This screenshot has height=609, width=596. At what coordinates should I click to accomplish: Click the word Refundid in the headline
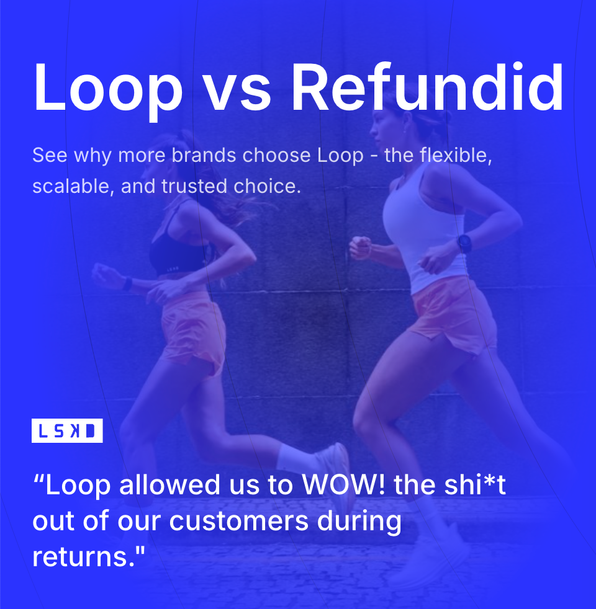pos(427,87)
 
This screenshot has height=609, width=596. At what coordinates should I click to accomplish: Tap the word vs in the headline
pos(237,87)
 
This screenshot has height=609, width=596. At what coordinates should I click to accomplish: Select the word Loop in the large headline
pos(107,87)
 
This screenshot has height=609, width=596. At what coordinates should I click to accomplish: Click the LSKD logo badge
pos(67,431)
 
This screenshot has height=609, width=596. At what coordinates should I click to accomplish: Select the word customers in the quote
pos(239,521)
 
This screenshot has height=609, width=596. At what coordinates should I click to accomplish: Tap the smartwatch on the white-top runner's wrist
pos(464,243)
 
